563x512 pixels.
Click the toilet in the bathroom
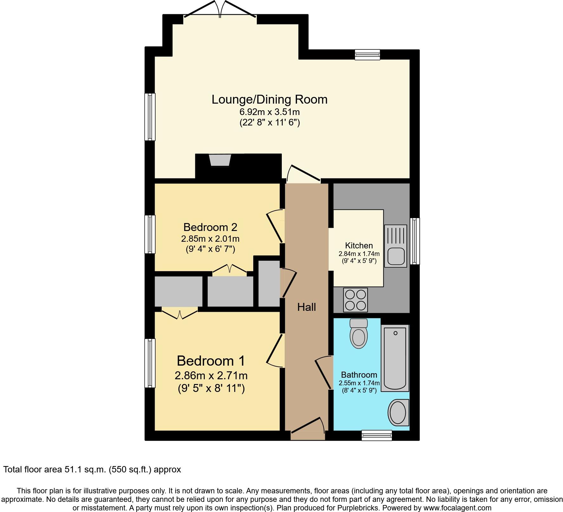(x=359, y=334)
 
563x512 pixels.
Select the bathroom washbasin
(x=398, y=413)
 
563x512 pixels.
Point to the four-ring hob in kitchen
(x=355, y=300)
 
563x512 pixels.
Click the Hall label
(x=306, y=307)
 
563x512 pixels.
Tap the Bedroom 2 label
(x=210, y=227)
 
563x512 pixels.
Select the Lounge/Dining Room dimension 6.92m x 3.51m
(x=269, y=112)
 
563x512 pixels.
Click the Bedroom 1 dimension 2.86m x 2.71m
(x=211, y=375)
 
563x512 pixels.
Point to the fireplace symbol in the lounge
(x=220, y=160)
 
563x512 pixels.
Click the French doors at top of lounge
(x=220, y=10)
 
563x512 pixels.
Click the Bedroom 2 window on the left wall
(x=150, y=234)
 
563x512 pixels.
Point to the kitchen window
(x=415, y=241)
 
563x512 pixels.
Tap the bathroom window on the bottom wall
(x=377, y=435)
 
